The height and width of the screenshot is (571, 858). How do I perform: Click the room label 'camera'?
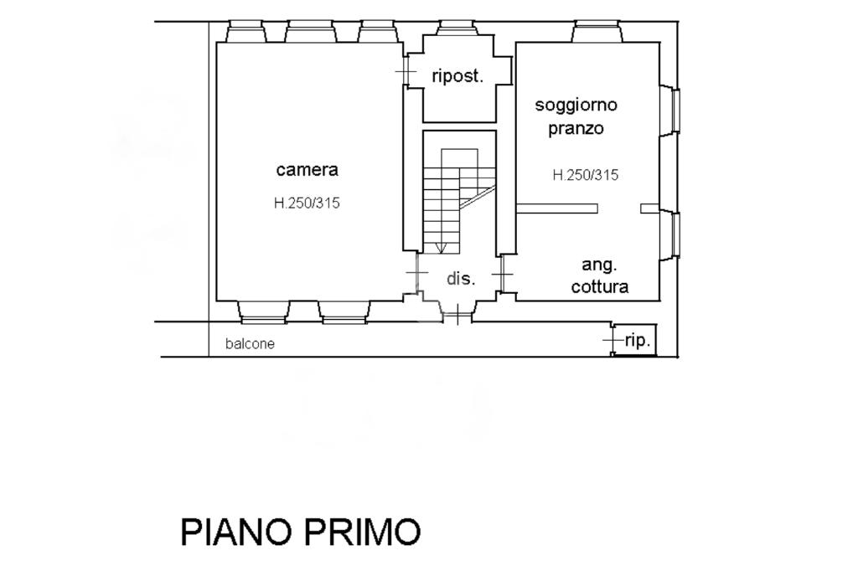point(308,170)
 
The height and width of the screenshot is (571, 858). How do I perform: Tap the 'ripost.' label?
point(457,76)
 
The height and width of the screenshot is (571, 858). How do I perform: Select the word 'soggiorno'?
point(576,105)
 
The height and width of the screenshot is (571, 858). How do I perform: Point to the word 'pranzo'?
point(576,129)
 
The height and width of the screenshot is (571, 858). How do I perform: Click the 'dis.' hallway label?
point(460,279)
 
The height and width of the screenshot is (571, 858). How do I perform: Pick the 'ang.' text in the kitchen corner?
point(600,265)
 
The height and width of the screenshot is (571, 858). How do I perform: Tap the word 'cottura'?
point(600,287)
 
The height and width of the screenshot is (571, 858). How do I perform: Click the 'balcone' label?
point(250,343)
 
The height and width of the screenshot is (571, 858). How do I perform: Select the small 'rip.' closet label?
point(638,341)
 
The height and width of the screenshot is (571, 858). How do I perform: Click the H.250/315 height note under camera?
point(307,203)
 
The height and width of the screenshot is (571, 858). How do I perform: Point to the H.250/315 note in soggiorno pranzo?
point(585,175)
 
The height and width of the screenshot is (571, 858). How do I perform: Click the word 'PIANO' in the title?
point(235,532)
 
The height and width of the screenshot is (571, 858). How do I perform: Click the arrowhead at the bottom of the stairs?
point(442,247)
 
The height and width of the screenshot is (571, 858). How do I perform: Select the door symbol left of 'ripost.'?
point(406,72)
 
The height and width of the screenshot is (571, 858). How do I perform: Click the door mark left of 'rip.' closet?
point(612,340)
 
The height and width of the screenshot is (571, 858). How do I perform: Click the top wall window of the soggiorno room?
point(598,32)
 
